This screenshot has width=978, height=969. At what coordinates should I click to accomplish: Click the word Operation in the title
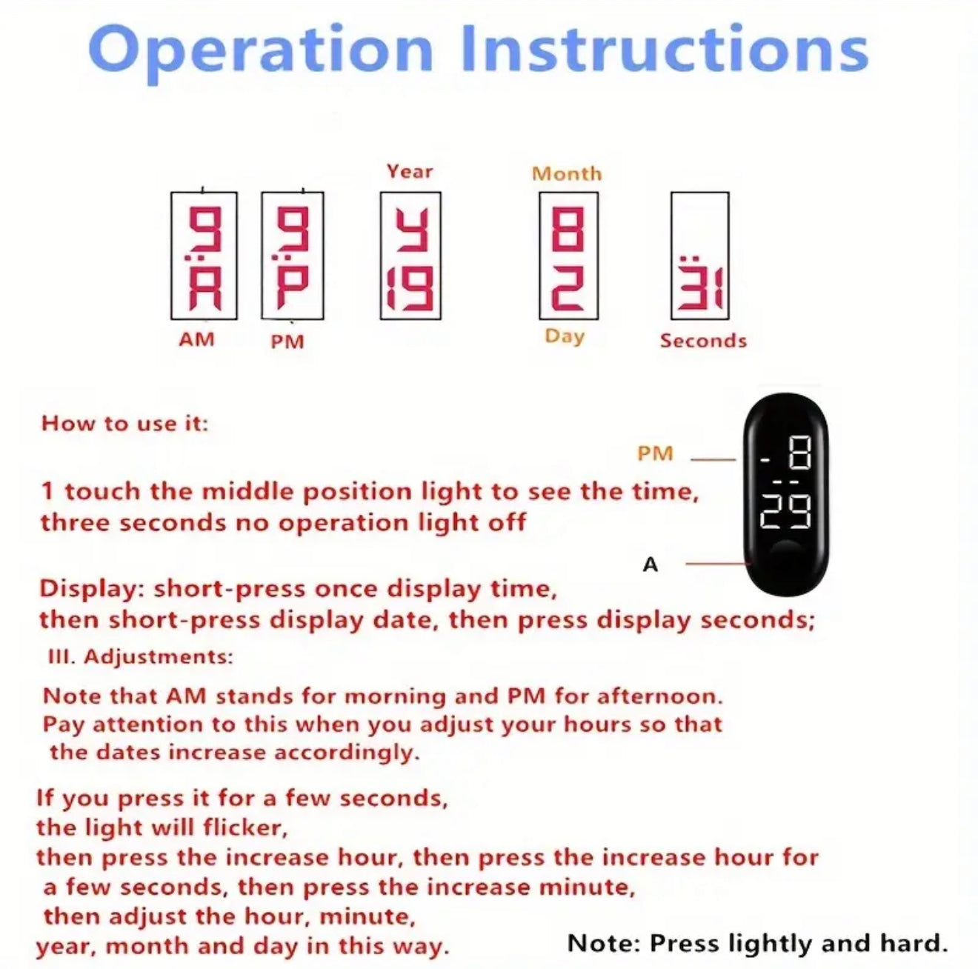coord(261,52)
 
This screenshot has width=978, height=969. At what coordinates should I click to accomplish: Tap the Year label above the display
coord(410,172)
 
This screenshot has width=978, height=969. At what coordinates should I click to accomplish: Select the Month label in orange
coord(567,174)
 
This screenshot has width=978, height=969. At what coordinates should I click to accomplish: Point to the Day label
coord(565,337)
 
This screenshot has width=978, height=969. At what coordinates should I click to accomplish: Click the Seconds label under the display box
coord(703,341)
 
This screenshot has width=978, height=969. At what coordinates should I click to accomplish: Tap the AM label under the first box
coord(196,339)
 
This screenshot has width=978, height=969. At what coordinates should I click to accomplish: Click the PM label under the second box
coord(287,342)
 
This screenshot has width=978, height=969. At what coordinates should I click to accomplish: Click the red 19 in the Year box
coord(410,289)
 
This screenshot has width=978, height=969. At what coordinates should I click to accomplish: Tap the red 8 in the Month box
coord(568,231)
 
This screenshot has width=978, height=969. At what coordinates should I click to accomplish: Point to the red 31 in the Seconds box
coord(700,290)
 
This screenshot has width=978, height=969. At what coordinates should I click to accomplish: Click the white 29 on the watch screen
coord(785,512)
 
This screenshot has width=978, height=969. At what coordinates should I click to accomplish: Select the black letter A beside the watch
coord(650,565)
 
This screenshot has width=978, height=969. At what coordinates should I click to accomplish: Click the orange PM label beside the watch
coord(655,453)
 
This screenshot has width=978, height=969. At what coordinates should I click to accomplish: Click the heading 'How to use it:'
coord(125,424)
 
